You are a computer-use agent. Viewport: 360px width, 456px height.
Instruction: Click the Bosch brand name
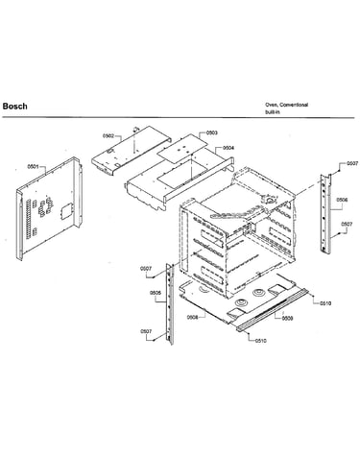pyautogui.click(x=14, y=107)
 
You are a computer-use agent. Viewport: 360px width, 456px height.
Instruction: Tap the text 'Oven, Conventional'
pyautogui.click(x=286, y=105)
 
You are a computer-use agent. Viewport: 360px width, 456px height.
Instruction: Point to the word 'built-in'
pyautogui.click(x=273, y=112)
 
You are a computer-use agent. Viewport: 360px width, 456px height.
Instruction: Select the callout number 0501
pyautogui.click(x=33, y=166)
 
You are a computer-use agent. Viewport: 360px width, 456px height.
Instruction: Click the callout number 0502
pyautogui.click(x=108, y=135)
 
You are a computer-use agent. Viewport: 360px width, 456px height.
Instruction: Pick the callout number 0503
pyautogui.click(x=212, y=132)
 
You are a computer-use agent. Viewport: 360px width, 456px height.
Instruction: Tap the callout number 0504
pyautogui.click(x=228, y=148)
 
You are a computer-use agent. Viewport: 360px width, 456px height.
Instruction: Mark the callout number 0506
pyautogui.click(x=342, y=200)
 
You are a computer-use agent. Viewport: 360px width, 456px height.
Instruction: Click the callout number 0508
pyautogui.click(x=193, y=317)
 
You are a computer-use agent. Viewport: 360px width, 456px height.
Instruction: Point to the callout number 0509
pyautogui.click(x=287, y=319)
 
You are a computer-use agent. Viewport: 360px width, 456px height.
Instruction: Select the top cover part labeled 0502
pyautogui.click(x=132, y=150)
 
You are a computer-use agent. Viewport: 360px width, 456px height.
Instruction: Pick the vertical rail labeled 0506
pyautogui.click(x=326, y=214)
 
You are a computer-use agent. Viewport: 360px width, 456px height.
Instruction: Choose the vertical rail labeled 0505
pyautogui.click(x=170, y=304)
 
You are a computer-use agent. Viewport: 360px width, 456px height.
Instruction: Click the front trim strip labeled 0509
pyautogui.click(x=273, y=310)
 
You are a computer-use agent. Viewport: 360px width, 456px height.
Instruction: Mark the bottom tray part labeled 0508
pyautogui.click(x=237, y=300)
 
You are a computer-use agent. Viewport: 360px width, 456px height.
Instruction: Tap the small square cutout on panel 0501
pyautogui.click(x=64, y=210)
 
